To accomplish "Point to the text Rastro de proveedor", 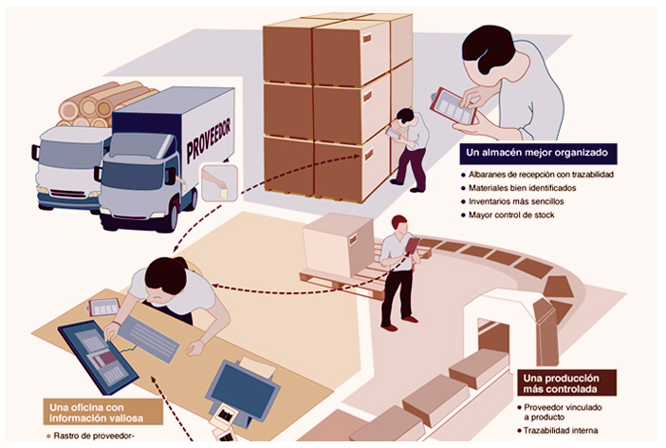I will point(91,437).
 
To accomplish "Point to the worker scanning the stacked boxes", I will point(408,147).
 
